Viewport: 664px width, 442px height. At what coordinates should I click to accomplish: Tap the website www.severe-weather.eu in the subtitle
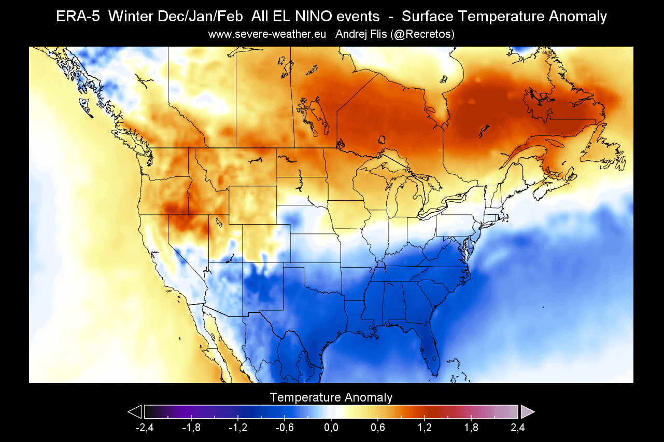tap(267, 34)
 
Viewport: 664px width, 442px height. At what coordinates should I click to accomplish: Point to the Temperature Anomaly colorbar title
tap(331, 397)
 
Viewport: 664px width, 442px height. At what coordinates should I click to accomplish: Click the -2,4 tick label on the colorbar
tap(145, 428)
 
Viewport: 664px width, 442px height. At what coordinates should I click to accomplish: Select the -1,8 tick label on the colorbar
tap(191, 428)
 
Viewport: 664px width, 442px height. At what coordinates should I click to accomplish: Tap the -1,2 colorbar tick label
tap(238, 428)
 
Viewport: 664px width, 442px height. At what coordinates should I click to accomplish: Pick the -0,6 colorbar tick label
tap(285, 428)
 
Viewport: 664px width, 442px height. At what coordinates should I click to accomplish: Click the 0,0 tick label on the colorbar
tap(331, 428)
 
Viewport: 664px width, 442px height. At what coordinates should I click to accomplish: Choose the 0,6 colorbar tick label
tap(378, 428)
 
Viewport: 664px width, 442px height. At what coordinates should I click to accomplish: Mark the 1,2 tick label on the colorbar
tap(425, 428)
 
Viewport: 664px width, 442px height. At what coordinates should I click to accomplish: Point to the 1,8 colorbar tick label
tap(471, 428)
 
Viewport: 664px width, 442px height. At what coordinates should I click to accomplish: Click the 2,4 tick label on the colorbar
tap(518, 428)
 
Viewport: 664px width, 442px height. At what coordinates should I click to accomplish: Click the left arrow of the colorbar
tap(135, 412)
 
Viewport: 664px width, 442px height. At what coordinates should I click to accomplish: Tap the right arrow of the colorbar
tap(527, 412)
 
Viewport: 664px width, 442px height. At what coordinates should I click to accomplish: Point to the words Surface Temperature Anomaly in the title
tap(504, 17)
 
